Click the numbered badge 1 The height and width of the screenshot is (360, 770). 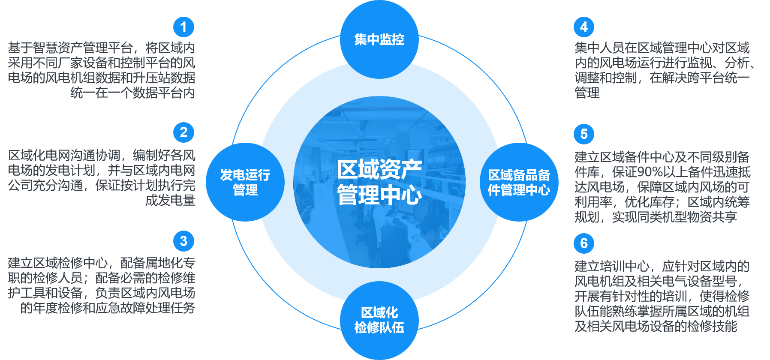click(x=183, y=27)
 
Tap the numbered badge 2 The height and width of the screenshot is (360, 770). click(x=183, y=132)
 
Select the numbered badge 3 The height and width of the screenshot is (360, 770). click(x=183, y=241)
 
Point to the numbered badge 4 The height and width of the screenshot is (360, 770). click(x=584, y=27)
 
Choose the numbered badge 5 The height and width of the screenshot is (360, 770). click(x=584, y=134)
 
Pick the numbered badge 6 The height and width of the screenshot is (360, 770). click(x=584, y=243)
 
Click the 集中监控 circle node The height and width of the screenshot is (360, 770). click(x=379, y=39)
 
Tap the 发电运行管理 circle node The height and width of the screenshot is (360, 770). click(x=245, y=182)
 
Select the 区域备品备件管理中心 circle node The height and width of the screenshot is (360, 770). click(x=519, y=182)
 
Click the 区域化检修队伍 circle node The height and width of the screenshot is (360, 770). click(x=379, y=321)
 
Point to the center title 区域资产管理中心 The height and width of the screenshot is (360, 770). click(x=379, y=182)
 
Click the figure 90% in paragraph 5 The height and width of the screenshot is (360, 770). click(x=650, y=172)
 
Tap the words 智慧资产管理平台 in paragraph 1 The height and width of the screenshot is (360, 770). click(x=82, y=48)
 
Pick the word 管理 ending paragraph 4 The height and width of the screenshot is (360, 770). click(x=587, y=93)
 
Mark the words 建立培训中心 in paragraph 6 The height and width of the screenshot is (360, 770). click(x=612, y=266)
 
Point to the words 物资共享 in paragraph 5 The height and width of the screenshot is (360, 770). click(x=712, y=217)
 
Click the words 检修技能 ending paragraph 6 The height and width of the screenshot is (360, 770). click(x=712, y=326)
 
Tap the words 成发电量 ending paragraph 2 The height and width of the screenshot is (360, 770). click(x=170, y=200)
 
